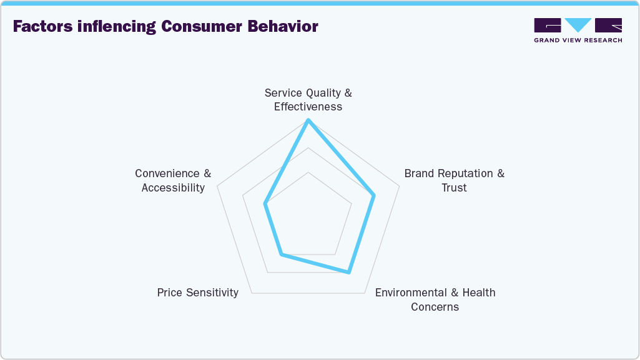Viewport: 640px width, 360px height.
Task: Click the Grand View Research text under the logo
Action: [578, 40]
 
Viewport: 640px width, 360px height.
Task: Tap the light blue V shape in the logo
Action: [578, 25]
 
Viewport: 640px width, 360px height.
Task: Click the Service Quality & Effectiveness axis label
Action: [308, 100]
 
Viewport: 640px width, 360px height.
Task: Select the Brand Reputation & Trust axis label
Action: [454, 180]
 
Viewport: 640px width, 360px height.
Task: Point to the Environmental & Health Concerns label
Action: [435, 299]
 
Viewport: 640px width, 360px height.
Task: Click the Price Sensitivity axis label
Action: [197, 293]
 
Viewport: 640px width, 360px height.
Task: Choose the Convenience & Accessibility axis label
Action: [173, 180]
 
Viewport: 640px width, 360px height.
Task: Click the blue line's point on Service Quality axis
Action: [308, 120]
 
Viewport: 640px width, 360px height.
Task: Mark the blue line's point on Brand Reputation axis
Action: [374, 196]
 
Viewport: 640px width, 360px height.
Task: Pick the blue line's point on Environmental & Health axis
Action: [349, 272]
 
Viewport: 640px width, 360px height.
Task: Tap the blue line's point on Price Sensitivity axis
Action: [281, 254]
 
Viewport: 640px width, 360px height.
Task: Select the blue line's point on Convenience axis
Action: [265, 203]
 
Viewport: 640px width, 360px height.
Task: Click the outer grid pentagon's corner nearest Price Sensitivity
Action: [252, 293]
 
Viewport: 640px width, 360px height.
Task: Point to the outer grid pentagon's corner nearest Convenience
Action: [217, 185]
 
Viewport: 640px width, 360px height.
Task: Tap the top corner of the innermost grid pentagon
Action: [308, 172]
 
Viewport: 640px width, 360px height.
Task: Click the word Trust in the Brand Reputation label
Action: [454, 188]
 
